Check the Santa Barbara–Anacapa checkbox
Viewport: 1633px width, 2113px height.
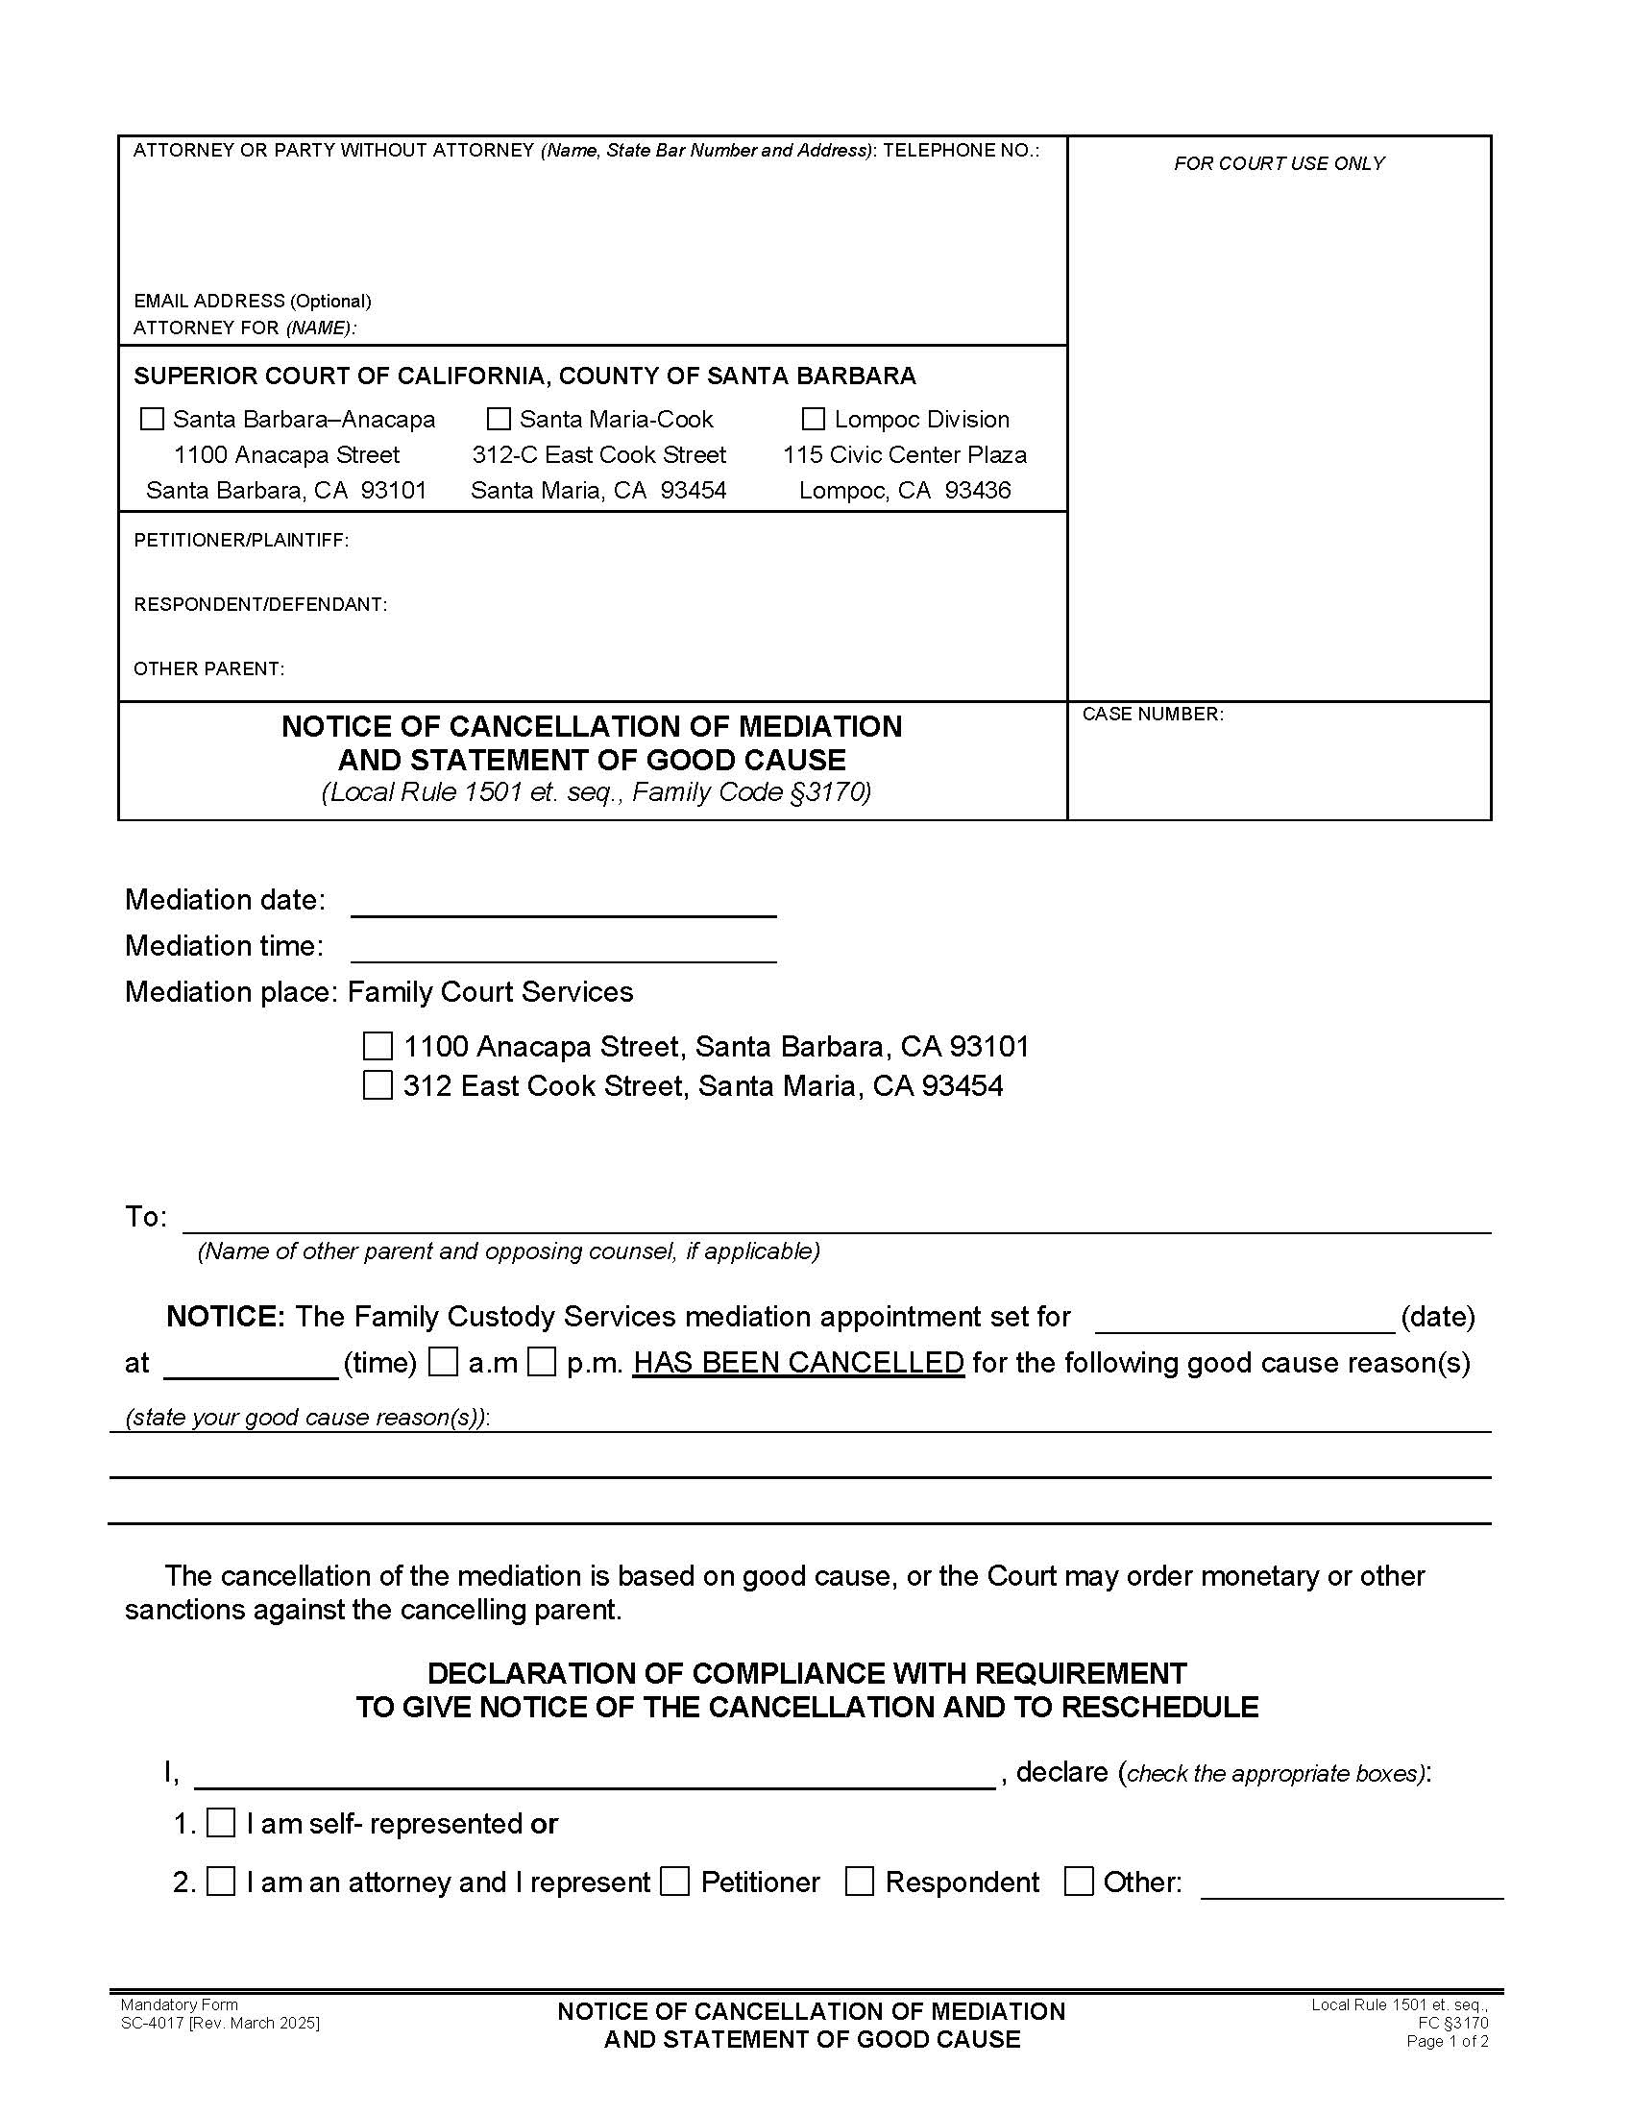tap(152, 419)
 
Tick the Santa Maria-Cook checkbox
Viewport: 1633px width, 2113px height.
tap(499, 419)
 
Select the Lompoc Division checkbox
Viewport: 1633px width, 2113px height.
tap(814, 419)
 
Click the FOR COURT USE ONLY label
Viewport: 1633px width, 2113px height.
tap(1279, 163)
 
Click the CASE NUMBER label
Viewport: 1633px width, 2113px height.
tap(1152, 714)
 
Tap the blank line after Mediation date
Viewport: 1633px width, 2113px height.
tap(563, 904)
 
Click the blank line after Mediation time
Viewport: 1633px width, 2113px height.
tap(563, 949)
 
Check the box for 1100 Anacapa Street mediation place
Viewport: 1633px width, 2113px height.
tap(378, 1046)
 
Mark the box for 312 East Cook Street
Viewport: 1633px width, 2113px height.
tap(378, 1085)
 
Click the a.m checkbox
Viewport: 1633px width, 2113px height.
tap(444, 1362)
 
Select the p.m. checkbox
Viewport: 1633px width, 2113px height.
tap(542, 1362)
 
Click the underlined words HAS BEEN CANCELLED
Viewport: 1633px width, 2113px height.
tap(798, 1362)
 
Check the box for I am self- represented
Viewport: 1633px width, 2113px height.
tap(222, 1823)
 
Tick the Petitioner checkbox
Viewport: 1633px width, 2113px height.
tap(674, 1882)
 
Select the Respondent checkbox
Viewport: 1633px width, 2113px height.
tap(859, 1882)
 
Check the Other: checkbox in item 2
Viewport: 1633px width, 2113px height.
tap(1079, 1882)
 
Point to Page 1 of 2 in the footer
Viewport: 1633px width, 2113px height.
tap(1447, 2041)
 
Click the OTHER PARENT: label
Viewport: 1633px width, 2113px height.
tap(209, 668)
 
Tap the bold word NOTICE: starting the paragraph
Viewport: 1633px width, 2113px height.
tap(226, 1317)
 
